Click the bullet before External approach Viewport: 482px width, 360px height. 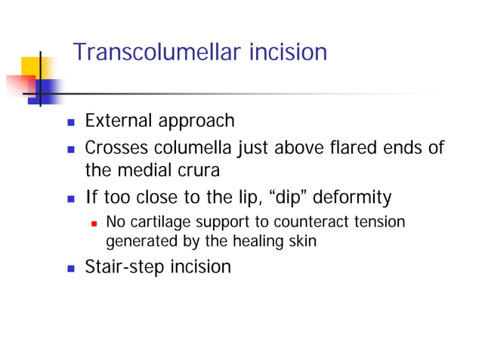[71, 122]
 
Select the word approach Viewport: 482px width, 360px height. [197, 122]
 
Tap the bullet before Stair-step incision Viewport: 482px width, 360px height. [71, 267]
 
